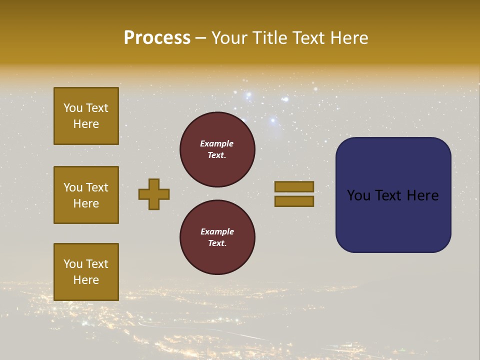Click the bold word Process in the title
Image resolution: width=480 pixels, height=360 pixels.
tap(157, 38)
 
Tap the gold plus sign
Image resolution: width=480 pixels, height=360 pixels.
tap(154, 194)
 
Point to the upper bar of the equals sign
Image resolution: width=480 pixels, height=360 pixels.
tap(294, 186)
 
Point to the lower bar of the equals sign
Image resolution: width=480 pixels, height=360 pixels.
tap(294, 201)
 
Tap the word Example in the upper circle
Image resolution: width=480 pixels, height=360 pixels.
tap(217, 143)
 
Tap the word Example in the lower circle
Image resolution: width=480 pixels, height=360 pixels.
tap(217, 231)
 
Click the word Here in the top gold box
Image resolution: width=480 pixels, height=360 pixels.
tap(86, 124)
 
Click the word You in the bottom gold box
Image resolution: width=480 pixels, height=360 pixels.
tap(73, 264)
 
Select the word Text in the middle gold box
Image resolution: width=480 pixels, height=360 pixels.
tap(96, 187)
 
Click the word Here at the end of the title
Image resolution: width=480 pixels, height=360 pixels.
tap(349, 38)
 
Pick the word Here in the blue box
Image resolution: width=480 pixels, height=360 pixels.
tap(423, 195)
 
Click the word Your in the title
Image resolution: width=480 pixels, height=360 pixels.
tap(229, 38)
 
